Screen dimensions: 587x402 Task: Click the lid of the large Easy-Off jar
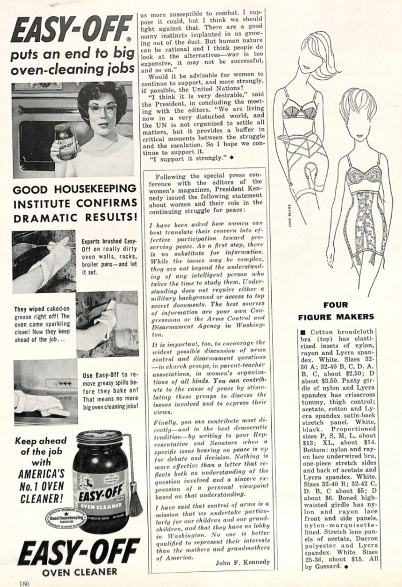click(99, 436)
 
